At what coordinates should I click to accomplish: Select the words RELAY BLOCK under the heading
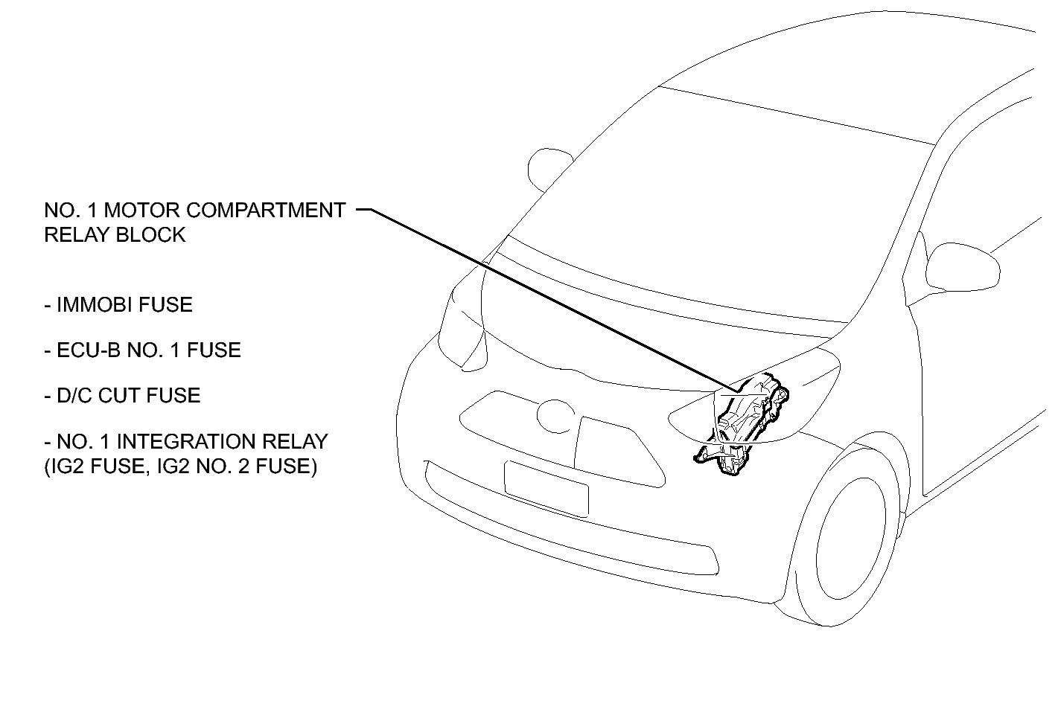pos(115,235)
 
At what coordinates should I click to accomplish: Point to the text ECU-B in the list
pos(89,350)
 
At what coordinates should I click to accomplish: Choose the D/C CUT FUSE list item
pos(123,395)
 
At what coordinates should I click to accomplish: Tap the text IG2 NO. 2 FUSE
pos(236,466)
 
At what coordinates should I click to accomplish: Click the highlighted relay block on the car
pos(742,425)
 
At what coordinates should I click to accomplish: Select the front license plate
pos(546,489)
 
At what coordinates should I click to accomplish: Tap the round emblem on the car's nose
pos(555,416)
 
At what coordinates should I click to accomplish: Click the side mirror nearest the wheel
pos(963,266)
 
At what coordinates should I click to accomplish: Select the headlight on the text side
pos(462,330)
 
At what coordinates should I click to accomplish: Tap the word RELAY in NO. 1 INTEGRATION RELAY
pos(295,442)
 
